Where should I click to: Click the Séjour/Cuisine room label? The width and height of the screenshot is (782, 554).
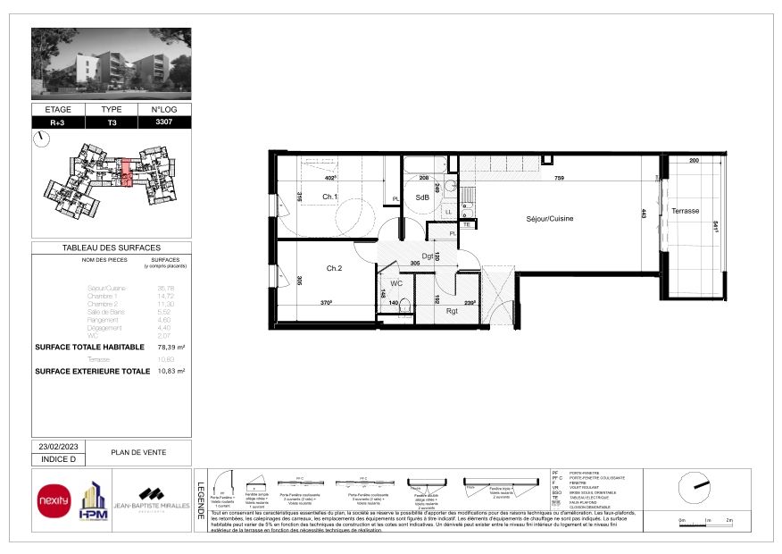click(548, 218)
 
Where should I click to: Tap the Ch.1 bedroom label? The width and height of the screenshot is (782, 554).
click(329, 197)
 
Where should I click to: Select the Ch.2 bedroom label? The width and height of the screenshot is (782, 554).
click(335, 267)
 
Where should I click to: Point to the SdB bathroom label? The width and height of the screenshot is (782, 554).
click(422, 197)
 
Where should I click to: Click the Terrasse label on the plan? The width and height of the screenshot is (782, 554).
click(686, 212)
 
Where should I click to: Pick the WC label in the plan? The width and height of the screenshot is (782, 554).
click(396, 283)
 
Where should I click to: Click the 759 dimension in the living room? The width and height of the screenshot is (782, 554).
click(558, 179)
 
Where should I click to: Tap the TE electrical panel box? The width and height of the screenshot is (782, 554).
click(465, 224)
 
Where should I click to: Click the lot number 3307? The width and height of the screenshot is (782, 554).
click(162, 122)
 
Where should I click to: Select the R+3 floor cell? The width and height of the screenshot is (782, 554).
click(58, 122)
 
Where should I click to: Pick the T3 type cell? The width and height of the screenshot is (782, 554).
click(112, 122)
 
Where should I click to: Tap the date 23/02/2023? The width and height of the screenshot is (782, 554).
click(58, 446)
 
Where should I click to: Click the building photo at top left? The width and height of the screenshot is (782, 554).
click(111, 63)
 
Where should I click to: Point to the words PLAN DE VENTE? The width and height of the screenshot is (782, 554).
click(137, 452)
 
